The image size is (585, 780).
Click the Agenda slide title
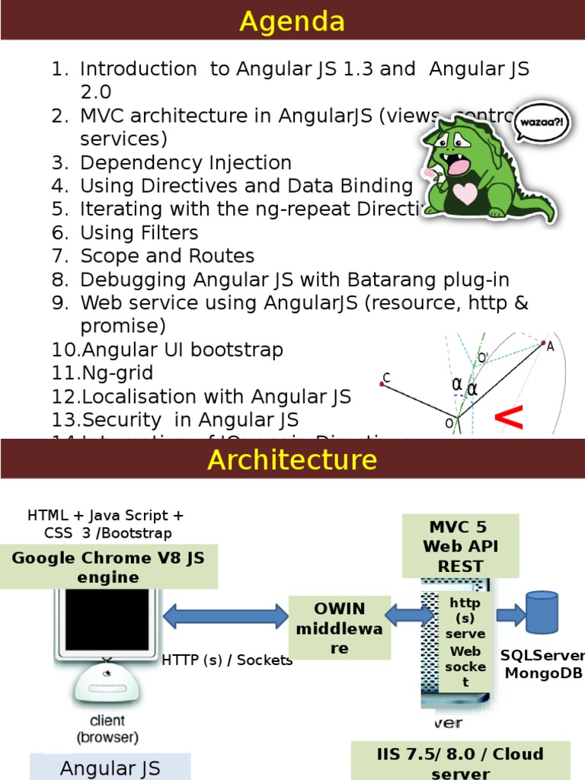[292, 21]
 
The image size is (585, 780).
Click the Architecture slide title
[292, 459]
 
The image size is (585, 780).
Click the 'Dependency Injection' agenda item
[185, 163]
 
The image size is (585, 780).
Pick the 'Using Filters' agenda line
[139, 233]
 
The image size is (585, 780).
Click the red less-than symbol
[509, 417]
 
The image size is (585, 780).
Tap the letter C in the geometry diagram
[386, 378]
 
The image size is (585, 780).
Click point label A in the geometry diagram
[550, 347]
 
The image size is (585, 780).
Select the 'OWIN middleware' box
[340, 628]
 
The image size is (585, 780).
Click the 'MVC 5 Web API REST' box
[460, 546]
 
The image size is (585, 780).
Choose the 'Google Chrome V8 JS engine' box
[108, 567]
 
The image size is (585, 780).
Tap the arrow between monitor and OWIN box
[225, 615]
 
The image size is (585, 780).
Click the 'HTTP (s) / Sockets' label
[227, 660]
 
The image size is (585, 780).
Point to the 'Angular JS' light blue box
[110, 768]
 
